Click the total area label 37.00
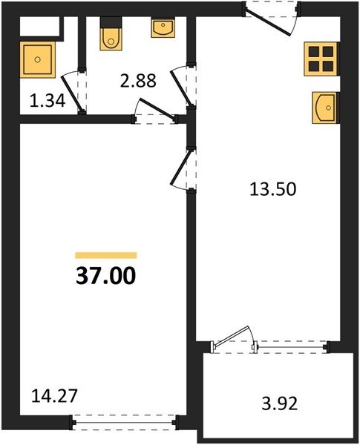(105, 276)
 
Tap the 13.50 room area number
(272, 189)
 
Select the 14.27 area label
(54, 396)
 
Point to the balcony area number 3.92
(280, 403)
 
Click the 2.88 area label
(138, 81)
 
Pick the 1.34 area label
(48, 101)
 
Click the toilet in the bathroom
(111, 39)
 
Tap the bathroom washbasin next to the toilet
(163, 28)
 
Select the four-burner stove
(321, 59)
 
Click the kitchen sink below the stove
(326, 108)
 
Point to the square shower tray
(38, 59)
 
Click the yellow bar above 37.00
(106, 255)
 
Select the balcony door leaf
(230, 337)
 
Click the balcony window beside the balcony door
(291, 347)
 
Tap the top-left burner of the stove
(314, 52)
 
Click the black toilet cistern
(111, 22)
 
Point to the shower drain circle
(38, 59)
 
